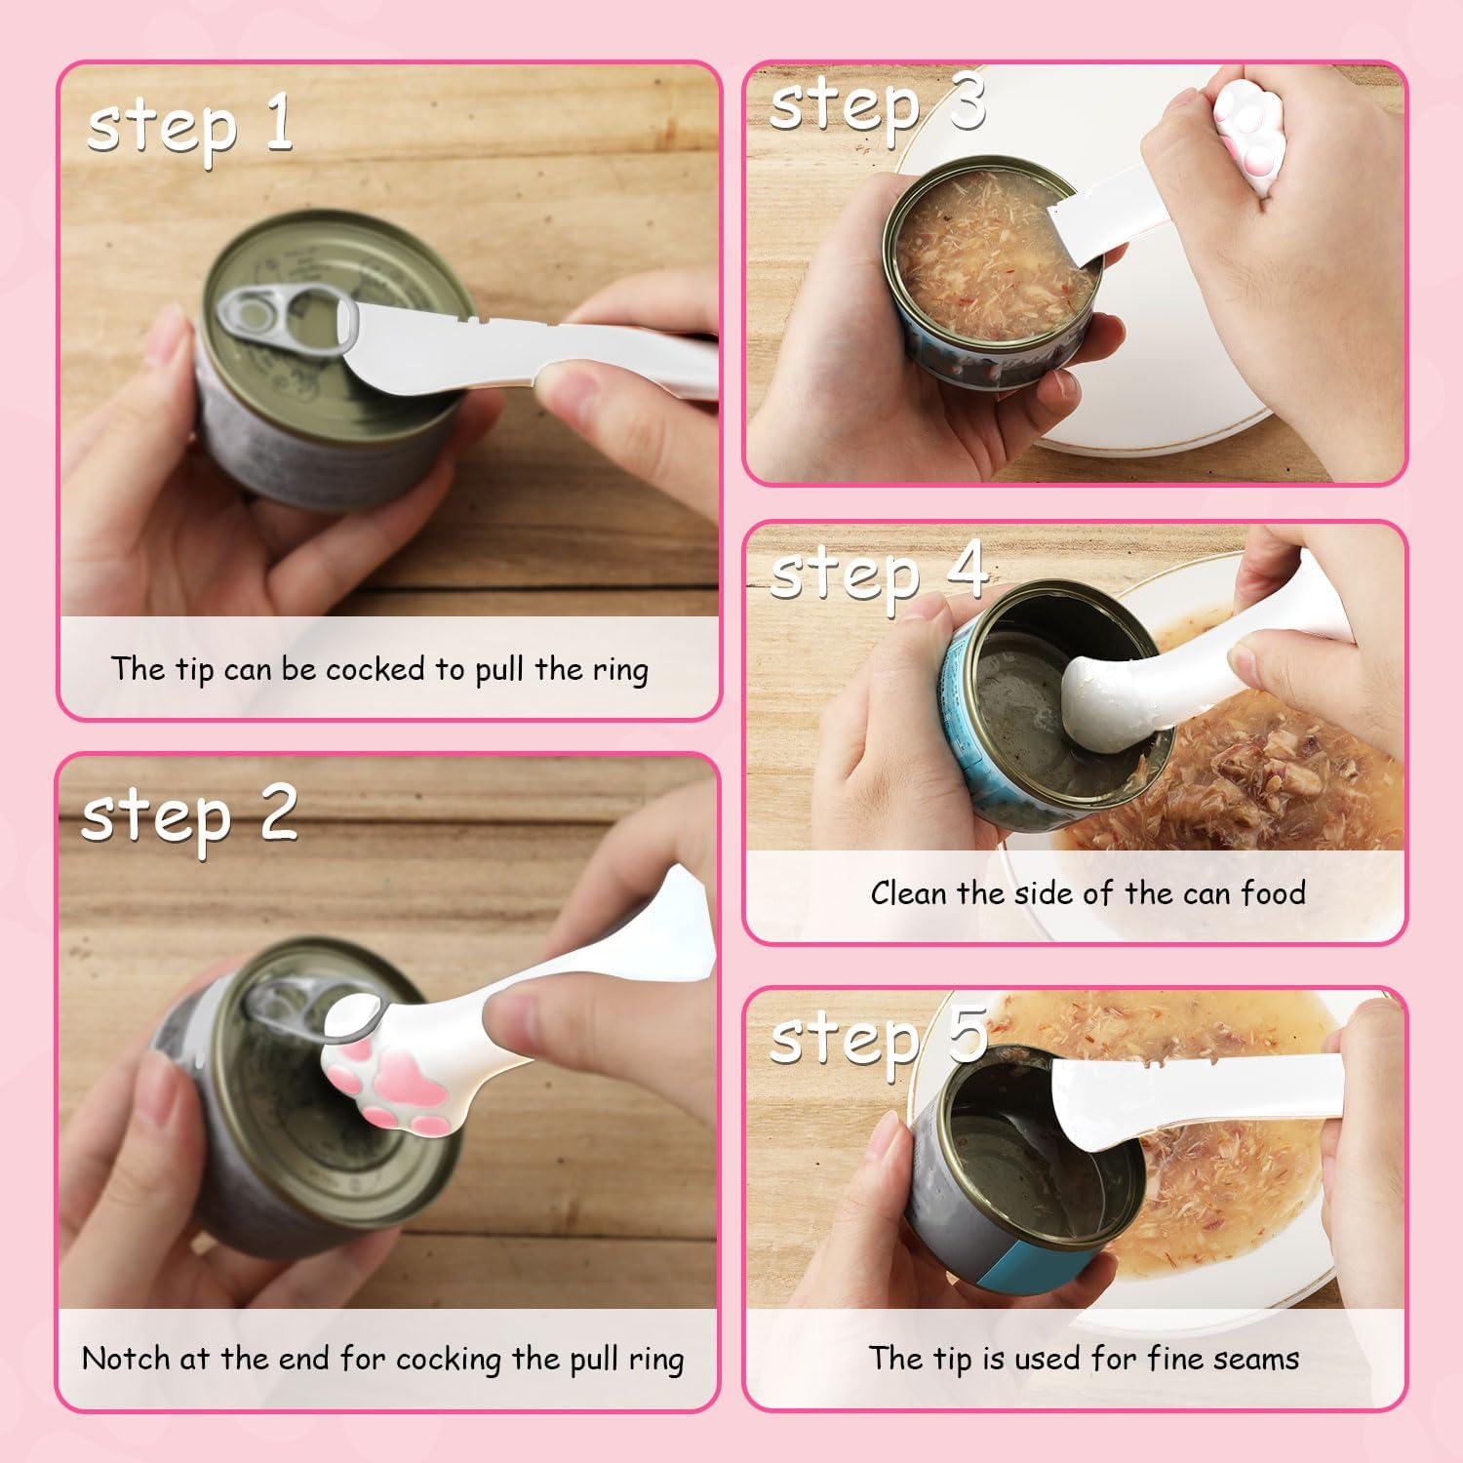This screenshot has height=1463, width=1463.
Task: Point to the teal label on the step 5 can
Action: coord(1034,1258)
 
